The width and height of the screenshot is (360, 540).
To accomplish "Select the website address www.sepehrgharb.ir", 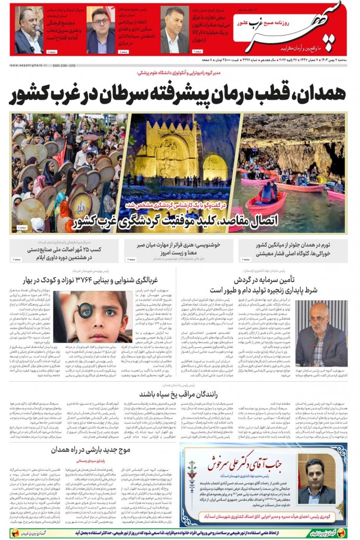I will pyautogui.click(x=28, y=65).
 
